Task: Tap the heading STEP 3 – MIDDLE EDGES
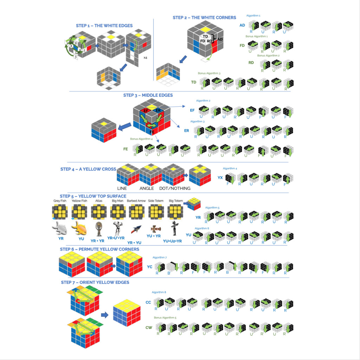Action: pos(148,95)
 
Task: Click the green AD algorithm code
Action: pos(242,25)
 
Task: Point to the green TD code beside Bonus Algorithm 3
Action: pos(194,82)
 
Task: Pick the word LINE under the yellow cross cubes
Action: pos(122,188)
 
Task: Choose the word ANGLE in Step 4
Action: pos(147,188)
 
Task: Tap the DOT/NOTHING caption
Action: pos(175,188)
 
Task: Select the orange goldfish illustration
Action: pos(79,229)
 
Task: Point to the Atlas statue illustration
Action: pos(98,229)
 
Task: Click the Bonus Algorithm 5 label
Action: pos(165,317)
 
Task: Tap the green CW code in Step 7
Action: pos(149,328)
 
